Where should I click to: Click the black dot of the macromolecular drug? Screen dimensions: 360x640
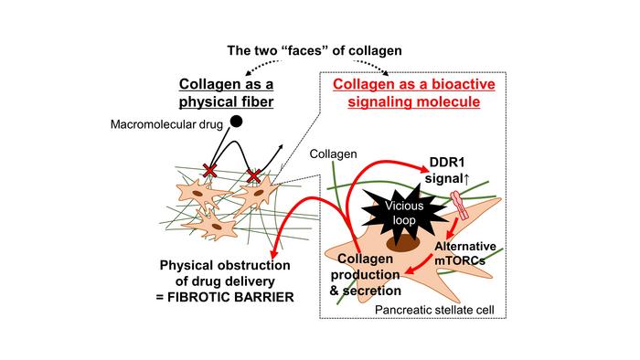click(x=236, y=121)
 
